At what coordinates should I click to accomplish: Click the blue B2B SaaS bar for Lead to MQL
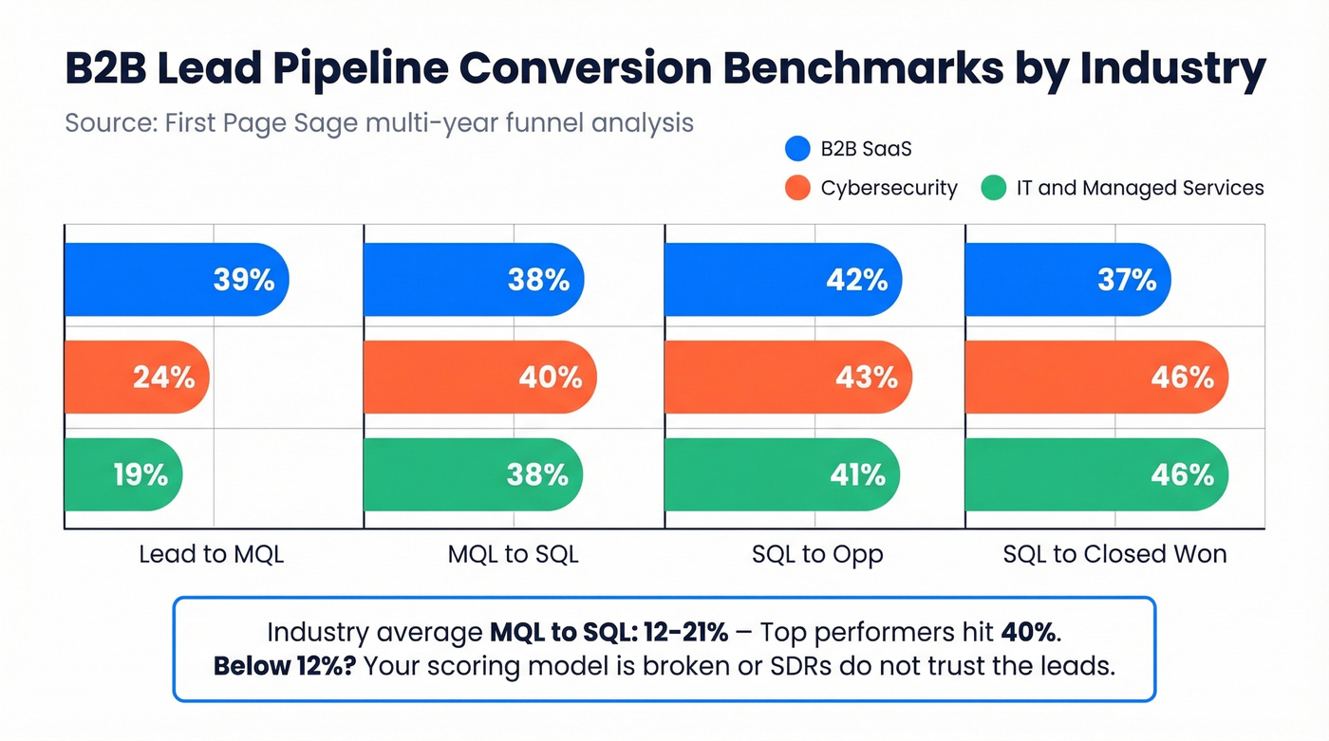176,280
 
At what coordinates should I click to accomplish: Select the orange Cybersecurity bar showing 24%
137,377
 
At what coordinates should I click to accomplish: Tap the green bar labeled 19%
122,474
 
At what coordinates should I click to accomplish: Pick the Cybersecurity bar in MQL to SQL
479,377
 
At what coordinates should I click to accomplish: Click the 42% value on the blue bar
856,280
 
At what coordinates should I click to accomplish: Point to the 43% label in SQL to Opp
866,377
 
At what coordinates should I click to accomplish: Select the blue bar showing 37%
1067,280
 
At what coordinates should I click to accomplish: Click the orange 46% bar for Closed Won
1096,377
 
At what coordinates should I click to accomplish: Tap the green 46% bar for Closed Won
1096,474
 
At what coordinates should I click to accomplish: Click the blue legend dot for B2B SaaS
798,149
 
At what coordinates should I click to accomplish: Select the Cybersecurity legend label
889,188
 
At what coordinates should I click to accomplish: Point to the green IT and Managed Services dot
993,188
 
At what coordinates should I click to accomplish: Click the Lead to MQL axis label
211,554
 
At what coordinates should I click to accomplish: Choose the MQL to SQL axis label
513,554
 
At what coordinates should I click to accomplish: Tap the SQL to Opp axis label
817,554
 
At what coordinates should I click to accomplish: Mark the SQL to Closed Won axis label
1114,554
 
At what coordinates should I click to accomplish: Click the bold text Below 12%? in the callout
283,666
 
